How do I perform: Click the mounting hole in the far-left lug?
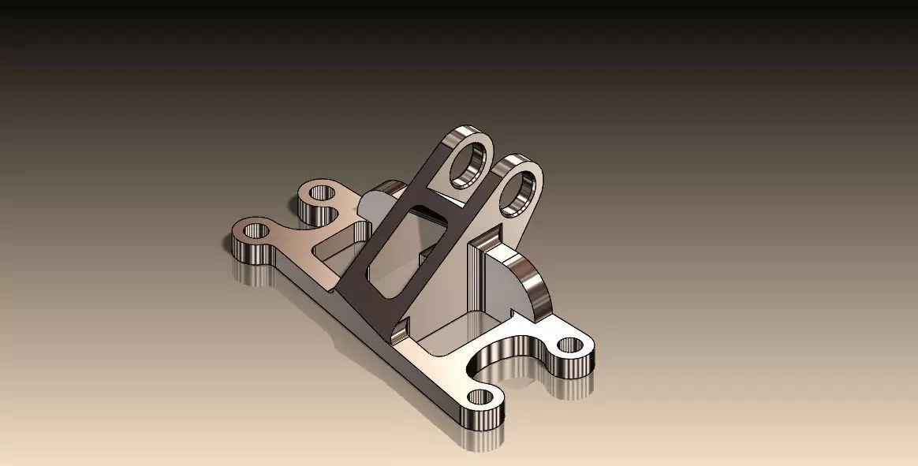(256, 231)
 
